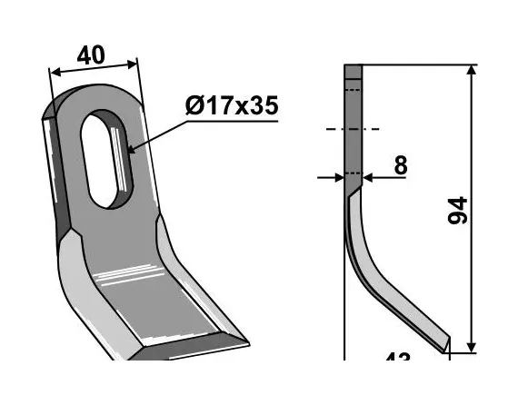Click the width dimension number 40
pyautogui.click(x=91, y=55)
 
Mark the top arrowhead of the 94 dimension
pyautogui.click(x=472, y=71)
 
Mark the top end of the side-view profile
pyautogui.click(x=353, y=67)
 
